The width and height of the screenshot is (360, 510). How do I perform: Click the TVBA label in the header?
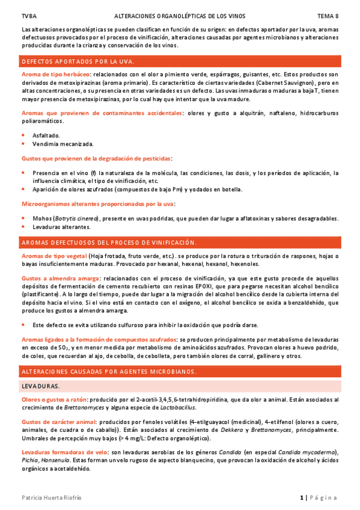pyautogui.click(x=28, y=15)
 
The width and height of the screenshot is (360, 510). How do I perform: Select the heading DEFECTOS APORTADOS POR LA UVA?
pyautogui.click(x=78, y=61)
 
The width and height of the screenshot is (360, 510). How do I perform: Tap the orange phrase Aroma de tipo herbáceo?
pyautogui.click(x=50, y=73)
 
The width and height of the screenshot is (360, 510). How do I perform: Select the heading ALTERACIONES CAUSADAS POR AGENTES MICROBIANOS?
pyautogui.click(x=109, y=373)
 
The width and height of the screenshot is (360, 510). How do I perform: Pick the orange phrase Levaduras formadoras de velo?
pyautogui.click(x=62, y=452)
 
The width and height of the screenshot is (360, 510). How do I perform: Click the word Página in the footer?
pyautogui.click(x=325, y=497)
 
